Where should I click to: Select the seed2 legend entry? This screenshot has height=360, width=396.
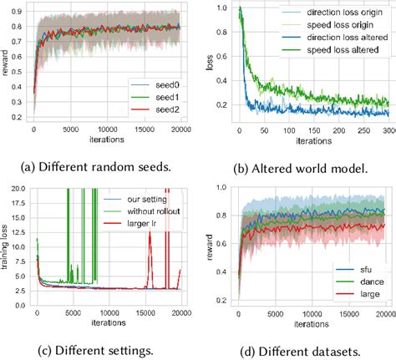tap(156, 110)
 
